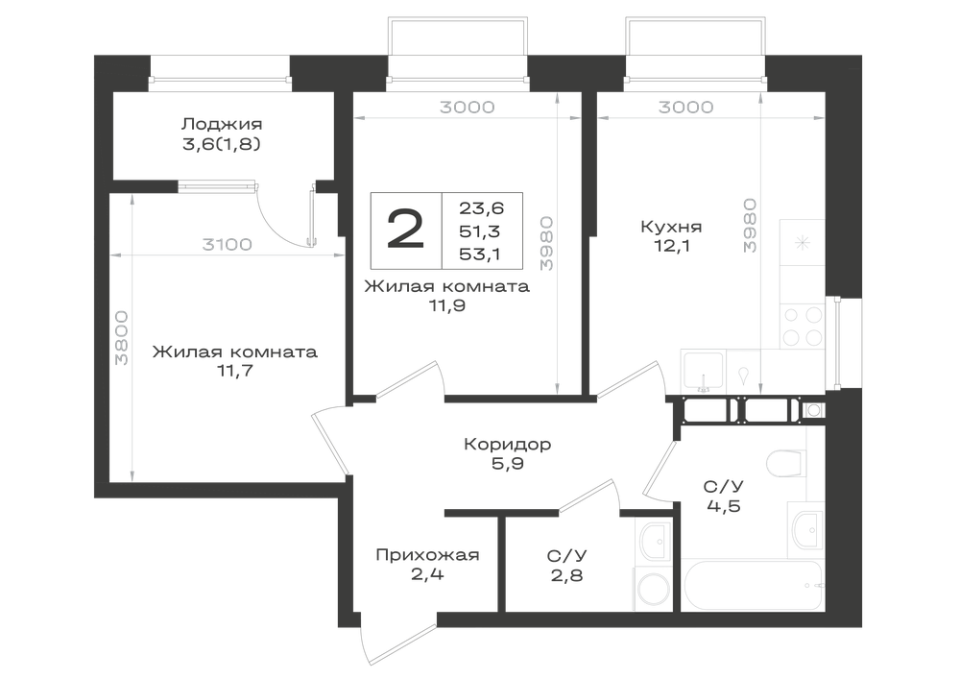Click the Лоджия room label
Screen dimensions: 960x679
click(222, 124)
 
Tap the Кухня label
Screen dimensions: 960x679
click(671, 227)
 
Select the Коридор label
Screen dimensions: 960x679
click(508, 444)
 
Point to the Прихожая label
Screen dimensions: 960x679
click(427, 555)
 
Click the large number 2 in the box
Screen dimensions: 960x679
click(405, 230)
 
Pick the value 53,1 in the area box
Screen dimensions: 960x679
click(479, 255)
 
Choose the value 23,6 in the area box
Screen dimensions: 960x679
click(481, 208)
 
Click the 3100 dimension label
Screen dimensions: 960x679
click(228, 244)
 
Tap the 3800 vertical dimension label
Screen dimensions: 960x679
click(122, 338)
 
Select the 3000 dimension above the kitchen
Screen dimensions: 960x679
click(685, 108)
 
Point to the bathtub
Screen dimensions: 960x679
click(753, 585)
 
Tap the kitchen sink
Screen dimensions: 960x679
click(704, 372)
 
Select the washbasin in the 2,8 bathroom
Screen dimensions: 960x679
click(655, 542)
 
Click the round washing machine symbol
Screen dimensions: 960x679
click(654, 591)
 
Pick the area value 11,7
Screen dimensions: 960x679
click(234, 371)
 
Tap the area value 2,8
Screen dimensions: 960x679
click(566, 575)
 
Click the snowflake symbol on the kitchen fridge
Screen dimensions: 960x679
click(803, 243)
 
